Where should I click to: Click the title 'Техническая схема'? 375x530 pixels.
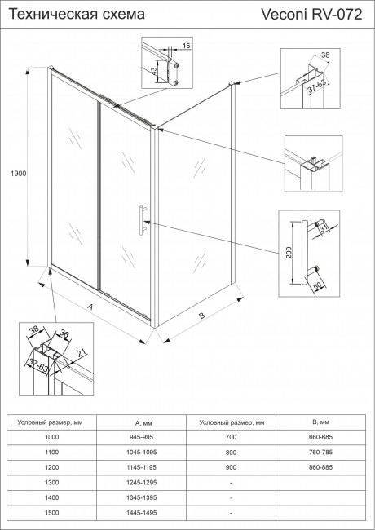[x=64, y=15]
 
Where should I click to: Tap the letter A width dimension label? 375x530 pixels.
[x=90, y=305]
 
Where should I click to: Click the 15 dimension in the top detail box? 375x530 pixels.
[x=187, y=47]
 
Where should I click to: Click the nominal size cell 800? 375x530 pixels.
[x=232, y=453]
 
